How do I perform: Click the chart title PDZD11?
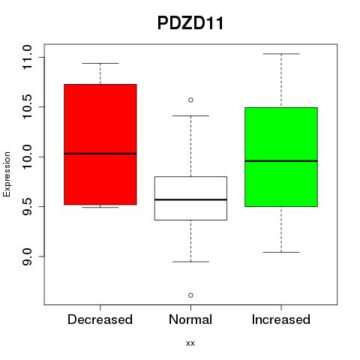point(190,23)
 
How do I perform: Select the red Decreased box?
point(100,145)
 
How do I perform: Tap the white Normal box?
point(190,198)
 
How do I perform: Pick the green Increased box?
point(281,157)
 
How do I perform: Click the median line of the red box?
point(100,154)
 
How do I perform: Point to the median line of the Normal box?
point(190,199)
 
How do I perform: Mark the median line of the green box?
point(281,161)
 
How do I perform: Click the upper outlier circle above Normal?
point(190,100)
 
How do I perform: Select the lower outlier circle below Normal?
point(190,295)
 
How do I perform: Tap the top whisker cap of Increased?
point(281,54)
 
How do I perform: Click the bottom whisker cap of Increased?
point(281,252)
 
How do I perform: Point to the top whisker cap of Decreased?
point(100,63)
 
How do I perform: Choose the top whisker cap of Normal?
point(190,115)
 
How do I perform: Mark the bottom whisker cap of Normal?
point(190,262)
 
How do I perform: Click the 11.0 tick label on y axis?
point(26,57)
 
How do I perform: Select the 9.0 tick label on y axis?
point(26,256)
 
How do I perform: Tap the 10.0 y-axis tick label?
point(26,157)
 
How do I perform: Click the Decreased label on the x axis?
point(100,319)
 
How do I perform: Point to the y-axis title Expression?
point(7,174)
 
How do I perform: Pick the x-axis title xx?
point(190,343)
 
